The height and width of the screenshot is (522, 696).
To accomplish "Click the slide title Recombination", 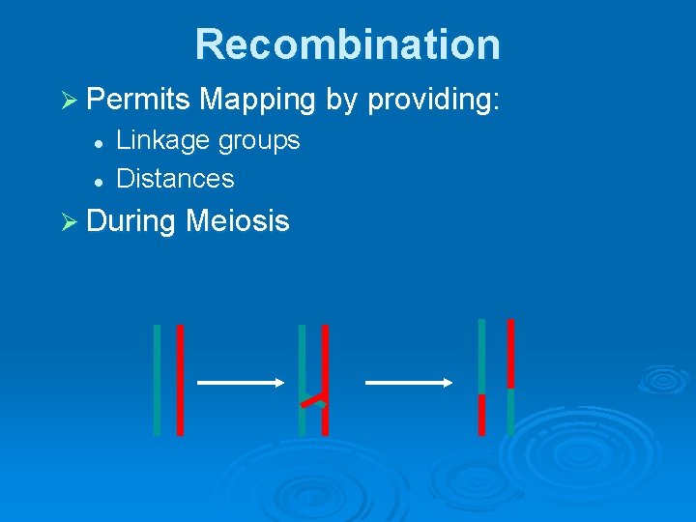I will (347, 44).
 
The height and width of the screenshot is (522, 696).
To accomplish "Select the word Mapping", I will (259, 99).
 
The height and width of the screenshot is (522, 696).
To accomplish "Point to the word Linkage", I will (162, 140).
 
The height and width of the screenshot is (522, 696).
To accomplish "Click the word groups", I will (259, 140).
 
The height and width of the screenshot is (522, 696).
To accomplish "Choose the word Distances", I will (175, 179).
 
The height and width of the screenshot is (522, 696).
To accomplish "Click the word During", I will (130, 221).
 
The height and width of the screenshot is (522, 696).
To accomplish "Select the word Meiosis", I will (237, 221).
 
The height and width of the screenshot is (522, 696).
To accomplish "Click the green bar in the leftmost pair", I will (157, 379).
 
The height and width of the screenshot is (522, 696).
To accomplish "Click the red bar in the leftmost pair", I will (180, 379).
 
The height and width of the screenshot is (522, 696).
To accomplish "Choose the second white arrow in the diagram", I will (409, 383).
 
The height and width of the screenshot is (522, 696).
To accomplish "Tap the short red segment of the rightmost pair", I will (481, 415).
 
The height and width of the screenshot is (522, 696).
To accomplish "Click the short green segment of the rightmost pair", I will (510, 413).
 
